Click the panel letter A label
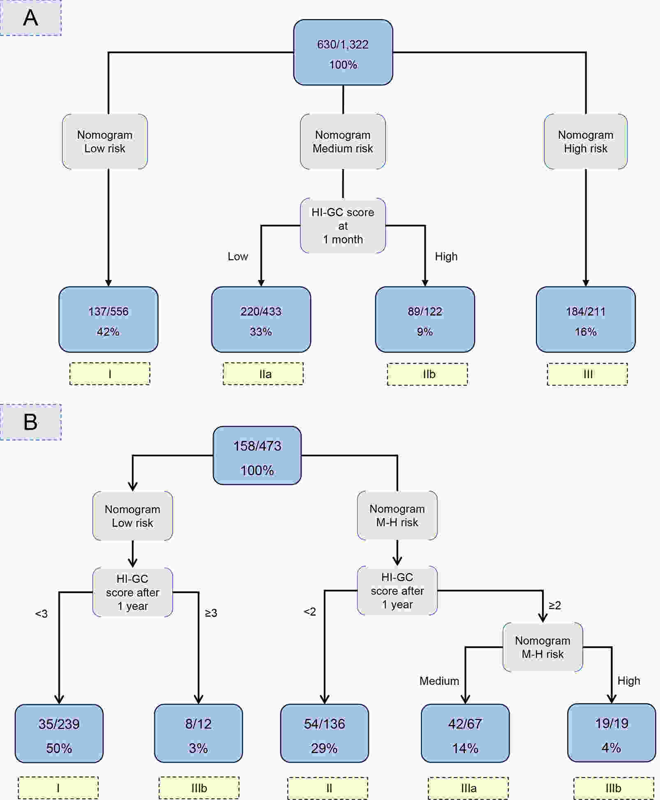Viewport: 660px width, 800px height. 31,18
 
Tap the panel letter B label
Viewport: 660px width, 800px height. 31,422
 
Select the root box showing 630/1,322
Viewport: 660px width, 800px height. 343,53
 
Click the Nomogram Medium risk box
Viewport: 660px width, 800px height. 343,141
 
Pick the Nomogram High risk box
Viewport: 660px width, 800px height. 586,141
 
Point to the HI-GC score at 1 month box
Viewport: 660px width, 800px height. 343,226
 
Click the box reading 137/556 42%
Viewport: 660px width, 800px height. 108,319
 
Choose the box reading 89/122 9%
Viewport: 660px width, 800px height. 425,319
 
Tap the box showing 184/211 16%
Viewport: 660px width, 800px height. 586,319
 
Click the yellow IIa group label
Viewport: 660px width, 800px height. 263,374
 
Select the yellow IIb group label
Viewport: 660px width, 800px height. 427,374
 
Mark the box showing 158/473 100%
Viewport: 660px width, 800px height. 257,455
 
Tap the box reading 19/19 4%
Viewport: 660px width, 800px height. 612,733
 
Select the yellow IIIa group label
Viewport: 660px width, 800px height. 468,788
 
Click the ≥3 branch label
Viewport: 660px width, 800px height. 211,613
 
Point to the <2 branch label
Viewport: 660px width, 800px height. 310,612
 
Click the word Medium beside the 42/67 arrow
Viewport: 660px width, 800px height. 439,681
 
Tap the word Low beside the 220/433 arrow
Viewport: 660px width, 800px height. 238,257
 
